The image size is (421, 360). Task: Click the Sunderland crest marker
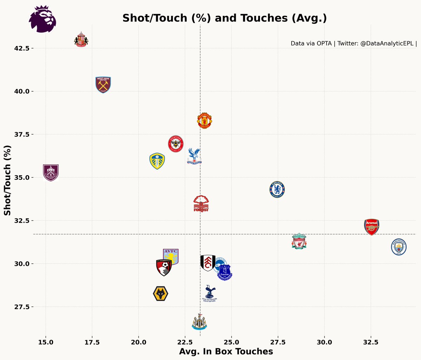coord(81,40)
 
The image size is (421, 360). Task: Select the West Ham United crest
coord(103,85)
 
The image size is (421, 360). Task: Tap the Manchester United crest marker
coord(204,121)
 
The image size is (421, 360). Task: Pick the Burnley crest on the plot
coord(51,172)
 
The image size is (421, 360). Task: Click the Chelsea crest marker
coord(277,190)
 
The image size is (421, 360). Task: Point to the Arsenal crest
coord(372,227)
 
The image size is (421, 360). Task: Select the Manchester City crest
coord(399,247)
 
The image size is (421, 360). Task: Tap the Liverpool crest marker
coord(299,241)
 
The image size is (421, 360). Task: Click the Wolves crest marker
coord(161,294)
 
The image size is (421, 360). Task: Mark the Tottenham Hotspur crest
coord(210,294)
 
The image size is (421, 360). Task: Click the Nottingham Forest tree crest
coord(201,204)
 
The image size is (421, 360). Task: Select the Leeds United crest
coord(157,161)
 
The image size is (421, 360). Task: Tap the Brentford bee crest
coord(175,144)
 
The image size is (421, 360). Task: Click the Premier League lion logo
coord(42,19)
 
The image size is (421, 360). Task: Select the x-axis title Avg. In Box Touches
coord(226,352)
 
